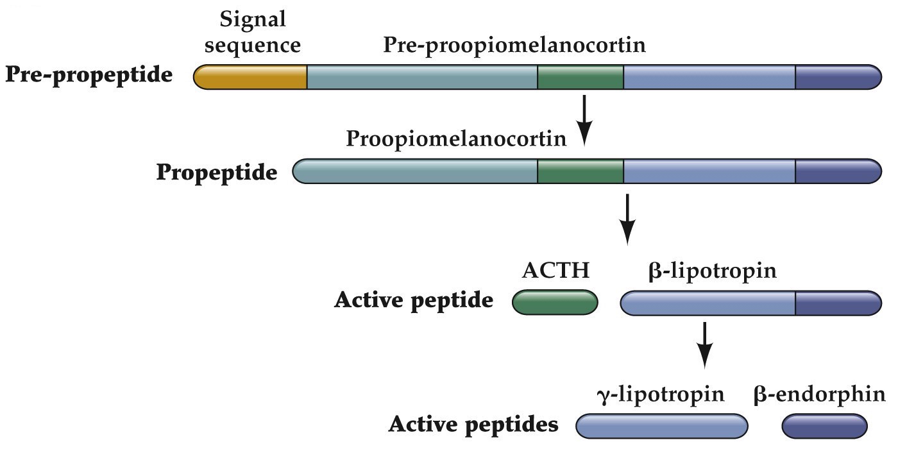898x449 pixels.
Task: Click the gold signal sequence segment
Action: pyautogui.click(x=251, y=77)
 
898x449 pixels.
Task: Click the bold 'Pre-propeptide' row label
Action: pyautogui.click(x=89, y=76)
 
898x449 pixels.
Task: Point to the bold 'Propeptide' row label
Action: pyautogui.click(x=217, y=173)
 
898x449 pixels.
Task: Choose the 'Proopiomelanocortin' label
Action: pyautogui.click(x=456, y=139)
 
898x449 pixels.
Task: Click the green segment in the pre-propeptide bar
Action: pyautogui.click(x=580, y=77)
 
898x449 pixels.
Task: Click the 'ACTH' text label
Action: pyautogui.click(x=555, y=270)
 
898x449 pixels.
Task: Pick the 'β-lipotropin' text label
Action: pyautogui.click(x=712, y=270)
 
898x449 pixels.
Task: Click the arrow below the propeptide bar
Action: pyautogui.click(x=628, y=218)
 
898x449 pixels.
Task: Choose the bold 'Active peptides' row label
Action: pyautogui.click(x=473, y=425)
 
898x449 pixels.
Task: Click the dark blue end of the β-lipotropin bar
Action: pyautogui.click(x=838, y=303)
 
